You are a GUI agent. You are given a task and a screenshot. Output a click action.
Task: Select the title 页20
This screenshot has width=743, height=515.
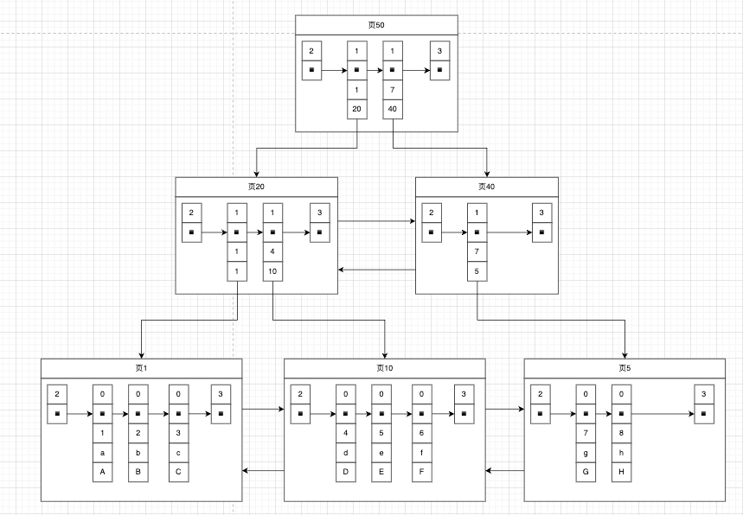click(256, 187)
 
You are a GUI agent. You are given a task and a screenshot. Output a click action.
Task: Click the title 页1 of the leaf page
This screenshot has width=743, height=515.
click(141, 368)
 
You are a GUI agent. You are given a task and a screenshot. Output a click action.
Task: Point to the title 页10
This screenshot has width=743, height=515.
click(385, 368)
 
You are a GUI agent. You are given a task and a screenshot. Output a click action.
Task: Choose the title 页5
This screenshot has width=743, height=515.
click(625, 368)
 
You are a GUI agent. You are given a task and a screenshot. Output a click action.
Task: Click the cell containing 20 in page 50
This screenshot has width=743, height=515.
click(356, 109)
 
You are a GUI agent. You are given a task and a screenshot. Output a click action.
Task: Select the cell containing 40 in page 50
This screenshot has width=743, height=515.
click(393, 109)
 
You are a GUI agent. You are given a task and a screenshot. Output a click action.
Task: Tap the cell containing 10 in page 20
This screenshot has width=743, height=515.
click(272, 271)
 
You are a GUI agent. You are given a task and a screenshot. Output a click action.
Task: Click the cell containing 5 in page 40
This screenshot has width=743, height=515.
click(477, 271)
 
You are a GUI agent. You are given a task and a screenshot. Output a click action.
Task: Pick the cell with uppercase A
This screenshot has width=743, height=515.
click(103, 472)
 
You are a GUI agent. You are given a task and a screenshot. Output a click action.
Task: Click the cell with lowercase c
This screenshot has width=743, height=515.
click(178, 453)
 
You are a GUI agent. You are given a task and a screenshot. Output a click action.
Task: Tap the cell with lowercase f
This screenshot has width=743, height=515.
click(422, 453)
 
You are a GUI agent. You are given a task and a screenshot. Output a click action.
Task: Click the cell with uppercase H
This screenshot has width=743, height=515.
click(622, 472)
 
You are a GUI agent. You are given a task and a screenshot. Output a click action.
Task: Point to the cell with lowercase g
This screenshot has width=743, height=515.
click(586, 453)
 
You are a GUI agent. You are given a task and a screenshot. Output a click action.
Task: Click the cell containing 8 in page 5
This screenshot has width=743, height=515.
click(622, 433)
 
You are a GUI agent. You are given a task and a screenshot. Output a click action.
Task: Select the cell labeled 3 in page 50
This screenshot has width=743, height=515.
click(440, 51)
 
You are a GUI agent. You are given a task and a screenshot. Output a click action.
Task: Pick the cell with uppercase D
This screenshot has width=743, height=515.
click(346, 472)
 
